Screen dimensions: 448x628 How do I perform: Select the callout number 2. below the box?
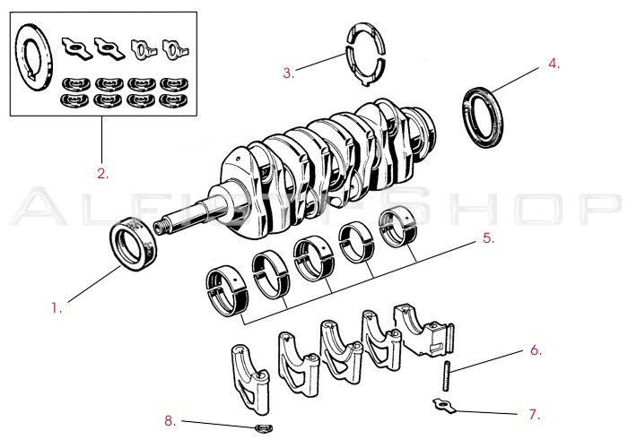[x=103, y=173]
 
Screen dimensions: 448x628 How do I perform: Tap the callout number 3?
[x=288, y=73]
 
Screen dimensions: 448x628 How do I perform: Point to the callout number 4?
[x=554, y=64]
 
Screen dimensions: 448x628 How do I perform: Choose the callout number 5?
[x=488, y=239]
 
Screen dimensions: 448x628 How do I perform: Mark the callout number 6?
[x=535, y=350]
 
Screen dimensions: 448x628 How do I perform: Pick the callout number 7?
[x=534, y=414]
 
